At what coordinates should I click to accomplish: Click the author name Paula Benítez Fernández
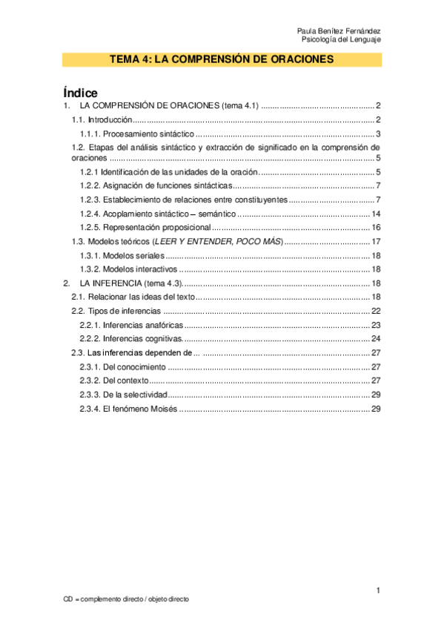(x=339, y=30)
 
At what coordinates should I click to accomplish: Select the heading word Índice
(x=81, y=92)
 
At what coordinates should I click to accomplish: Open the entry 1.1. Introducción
(x=102, y=119)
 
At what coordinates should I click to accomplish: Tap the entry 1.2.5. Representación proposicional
(x=145, y=227)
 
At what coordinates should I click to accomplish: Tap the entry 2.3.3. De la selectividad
(x=124, y=395)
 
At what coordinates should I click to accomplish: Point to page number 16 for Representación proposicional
(x=376, y=227)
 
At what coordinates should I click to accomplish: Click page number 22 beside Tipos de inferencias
(x=376, y=311)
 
